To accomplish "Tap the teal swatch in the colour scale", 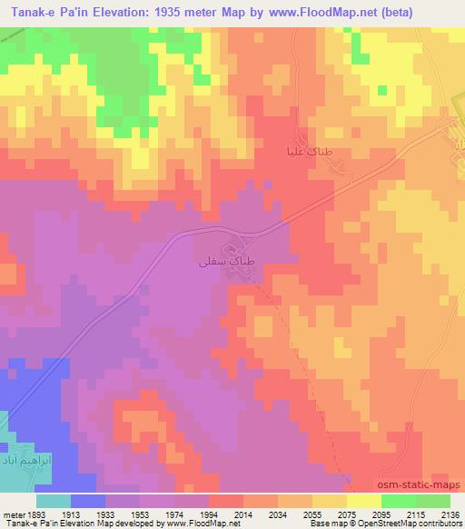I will pos(54,501).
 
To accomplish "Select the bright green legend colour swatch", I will pos(398,501).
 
